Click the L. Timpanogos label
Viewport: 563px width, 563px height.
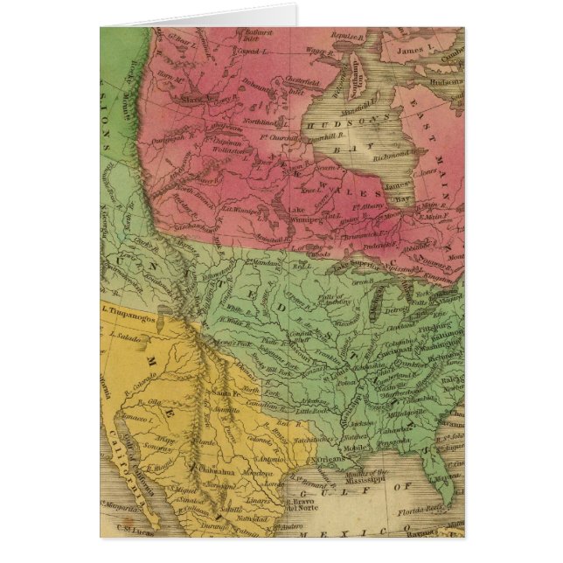coord(128,309)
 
